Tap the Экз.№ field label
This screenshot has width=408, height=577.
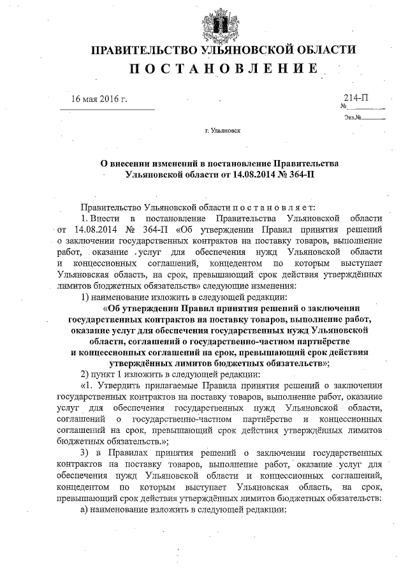pyautogui.click(x=353, y=117)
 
